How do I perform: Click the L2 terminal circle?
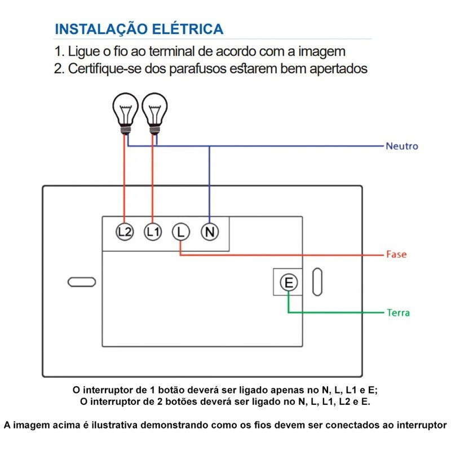(x=125, y=231)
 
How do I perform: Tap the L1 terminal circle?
(x=153, y=231)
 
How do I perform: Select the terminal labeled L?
(x=180, y=231)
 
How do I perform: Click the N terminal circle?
(x=210, y=231)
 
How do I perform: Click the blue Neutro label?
(x=401, y=146)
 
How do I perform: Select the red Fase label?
(x=396, y=254)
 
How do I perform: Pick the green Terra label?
(x=398, y=312)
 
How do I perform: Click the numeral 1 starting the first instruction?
(x=58, y=51)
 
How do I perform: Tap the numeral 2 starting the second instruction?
(x=58, y=69)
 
